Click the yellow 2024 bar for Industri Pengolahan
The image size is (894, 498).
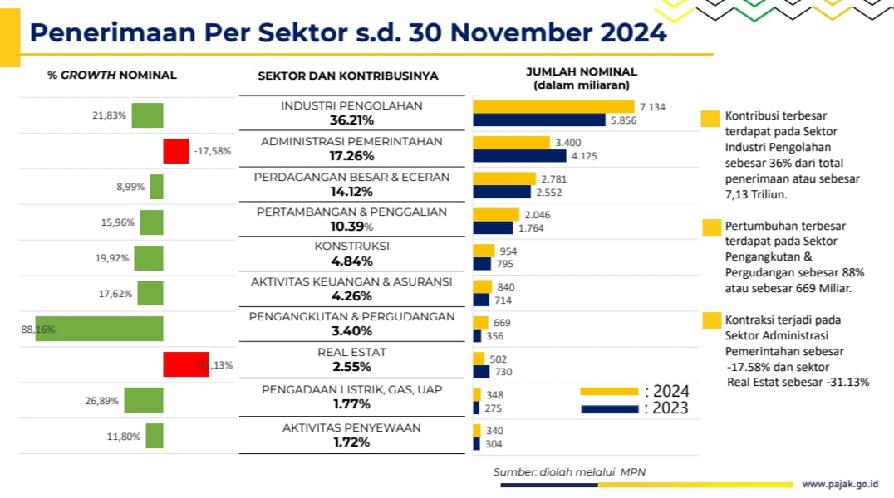point(553,106)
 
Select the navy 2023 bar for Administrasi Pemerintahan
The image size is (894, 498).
point(519,155)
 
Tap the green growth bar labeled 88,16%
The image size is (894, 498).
point(99,329)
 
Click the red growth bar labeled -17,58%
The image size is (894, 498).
point(176,152)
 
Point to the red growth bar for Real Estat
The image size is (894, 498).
point(185,364)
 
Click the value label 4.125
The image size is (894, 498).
point(584,155)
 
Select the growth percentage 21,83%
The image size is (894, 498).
point(109,116)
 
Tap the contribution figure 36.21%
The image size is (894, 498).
point(351,120)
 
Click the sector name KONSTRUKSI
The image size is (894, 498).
point(351,247)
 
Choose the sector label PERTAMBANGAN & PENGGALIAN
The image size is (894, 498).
point(351,212)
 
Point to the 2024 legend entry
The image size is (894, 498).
point(635,390)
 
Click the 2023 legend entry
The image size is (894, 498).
point(635,408)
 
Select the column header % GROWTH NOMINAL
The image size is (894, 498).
point(112,75)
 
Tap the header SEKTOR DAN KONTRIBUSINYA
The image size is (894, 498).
point(348,76)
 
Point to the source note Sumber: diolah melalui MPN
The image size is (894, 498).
point(569,471)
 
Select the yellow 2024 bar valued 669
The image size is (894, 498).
point(480,322)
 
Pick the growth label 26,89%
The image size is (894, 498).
point(102,400)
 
